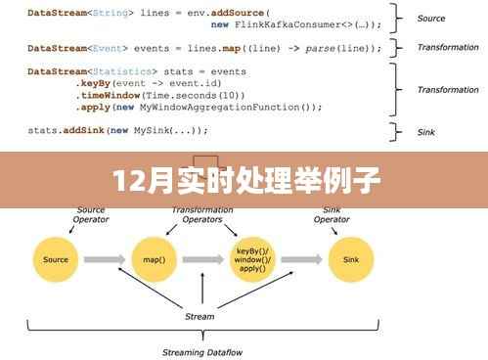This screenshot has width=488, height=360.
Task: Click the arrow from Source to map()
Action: point(107,259)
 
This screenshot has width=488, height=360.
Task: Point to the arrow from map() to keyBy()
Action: point(203,259)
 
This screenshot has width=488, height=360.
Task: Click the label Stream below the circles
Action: point(200,316)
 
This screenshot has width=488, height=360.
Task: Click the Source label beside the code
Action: point(430,19)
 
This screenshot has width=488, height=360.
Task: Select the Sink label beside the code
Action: point(427,130)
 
